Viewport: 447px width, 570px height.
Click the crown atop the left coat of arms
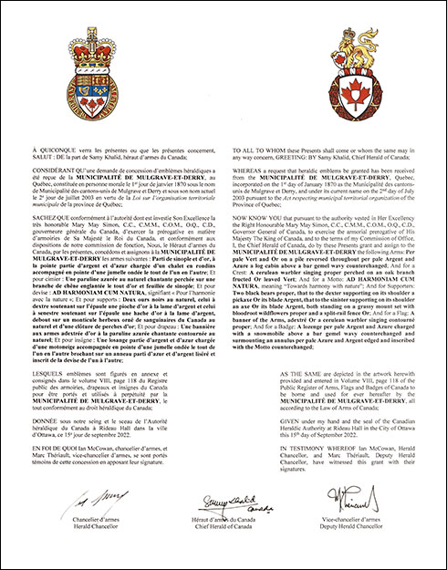coord(89,36)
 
